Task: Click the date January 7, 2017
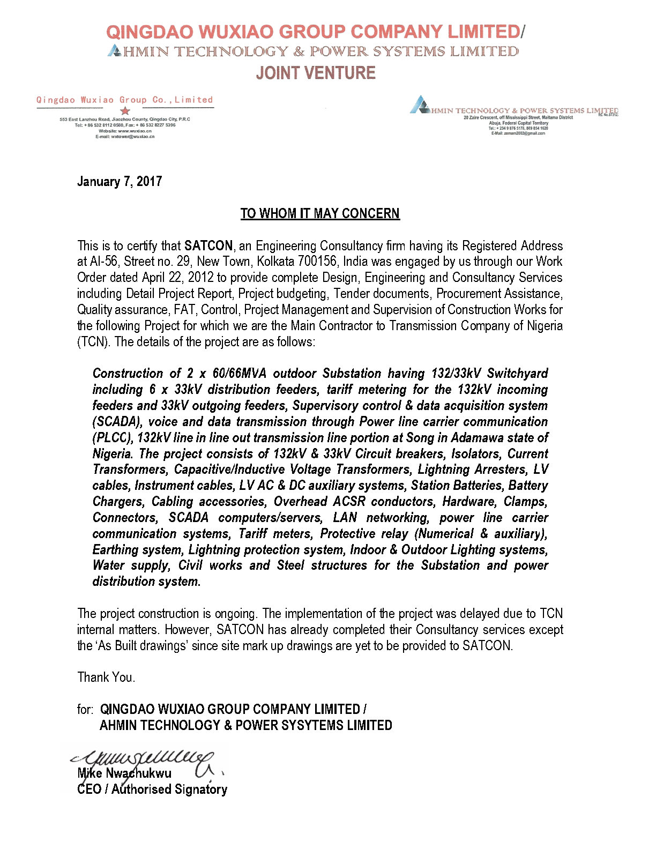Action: pyautogui.click(x=120, y=182)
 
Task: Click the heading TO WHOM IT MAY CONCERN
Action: pyautogui.click(x=320, y=214)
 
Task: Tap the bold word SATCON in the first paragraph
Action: pyautogui.click(x=208, y=246)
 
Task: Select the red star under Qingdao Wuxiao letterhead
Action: pyautogui.click(x=125, y=111)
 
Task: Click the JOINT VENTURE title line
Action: pyautogui.click(x=316, y=73)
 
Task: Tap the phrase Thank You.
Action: pyautogui.click(x=106, y=677)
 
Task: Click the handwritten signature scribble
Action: pyautogui.click(x=145, y=759)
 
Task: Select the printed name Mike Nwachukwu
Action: pyautogui.click(x=124, y=773)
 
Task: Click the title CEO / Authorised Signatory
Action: pyautogui.click(x=152, y=790)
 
